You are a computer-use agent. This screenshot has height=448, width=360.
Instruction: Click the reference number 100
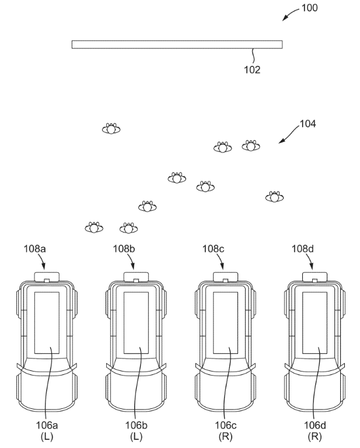(309, 8)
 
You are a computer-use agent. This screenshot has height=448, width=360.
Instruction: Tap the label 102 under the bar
(252, 70)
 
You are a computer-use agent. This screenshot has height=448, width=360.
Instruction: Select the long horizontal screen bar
(177, 44)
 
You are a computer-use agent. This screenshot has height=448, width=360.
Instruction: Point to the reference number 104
(307, 124)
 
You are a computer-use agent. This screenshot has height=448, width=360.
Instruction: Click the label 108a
(34, 249)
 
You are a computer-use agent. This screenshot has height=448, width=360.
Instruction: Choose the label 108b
(124, 249)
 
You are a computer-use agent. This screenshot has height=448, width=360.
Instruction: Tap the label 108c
(214, 249)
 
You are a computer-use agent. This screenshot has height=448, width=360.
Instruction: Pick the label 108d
(303, 249)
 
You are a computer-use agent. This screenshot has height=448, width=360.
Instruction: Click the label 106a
(47, 425)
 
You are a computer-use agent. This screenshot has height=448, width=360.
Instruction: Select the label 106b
(136, 425)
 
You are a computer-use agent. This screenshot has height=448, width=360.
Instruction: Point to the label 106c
(226, 425)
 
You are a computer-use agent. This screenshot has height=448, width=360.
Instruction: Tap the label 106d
(315, 425)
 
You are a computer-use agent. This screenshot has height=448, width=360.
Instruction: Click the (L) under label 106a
(47, 436)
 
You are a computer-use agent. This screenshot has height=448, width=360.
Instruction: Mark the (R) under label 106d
(314, 436)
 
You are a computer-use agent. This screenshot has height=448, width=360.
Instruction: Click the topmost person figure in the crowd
(111, 129)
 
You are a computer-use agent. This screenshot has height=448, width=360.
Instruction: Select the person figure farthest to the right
(274, 197)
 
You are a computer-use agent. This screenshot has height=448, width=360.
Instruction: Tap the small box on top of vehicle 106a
(47, 277)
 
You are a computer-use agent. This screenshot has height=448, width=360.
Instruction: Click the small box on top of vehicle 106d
(314, 277)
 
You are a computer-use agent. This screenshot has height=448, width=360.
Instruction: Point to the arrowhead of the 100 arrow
(284, 19)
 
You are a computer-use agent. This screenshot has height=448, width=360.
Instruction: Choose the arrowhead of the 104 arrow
(280, 142)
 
